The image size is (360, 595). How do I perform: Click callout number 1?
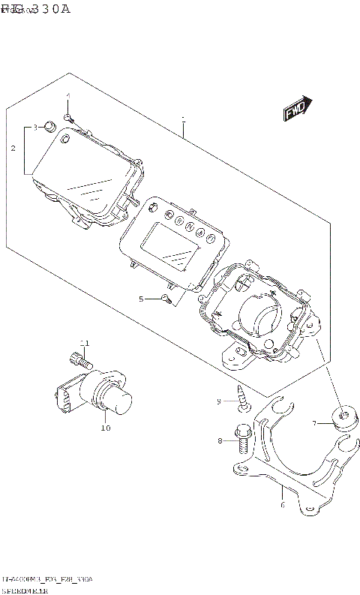pyautogui.click(x=182, y=119)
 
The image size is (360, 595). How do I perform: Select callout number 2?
pyautogui.click(x=13, y=149)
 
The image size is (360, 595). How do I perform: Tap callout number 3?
pyautogui.click(x=34, y=128)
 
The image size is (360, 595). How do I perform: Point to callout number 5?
pyautogui.click(x=140, y=299)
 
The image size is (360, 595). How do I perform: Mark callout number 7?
pyautogui.click(x=316, y=423)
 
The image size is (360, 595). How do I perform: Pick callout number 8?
pyautogui.click(x=220, y=441)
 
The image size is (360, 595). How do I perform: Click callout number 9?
pyautogui.click(x=220, y=401)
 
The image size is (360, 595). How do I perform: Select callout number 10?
pyautogui.click(x=105, y=428)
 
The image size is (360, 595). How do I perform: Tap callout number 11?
pyautogui.click(x=85, y=343)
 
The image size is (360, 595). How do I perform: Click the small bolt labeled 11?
pyautogui.click(x=75, y=359)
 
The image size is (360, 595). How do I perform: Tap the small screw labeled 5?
pyautogui.click(x=166, y=300)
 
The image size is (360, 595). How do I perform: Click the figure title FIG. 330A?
pyautogui.click(x=35, y=9)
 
